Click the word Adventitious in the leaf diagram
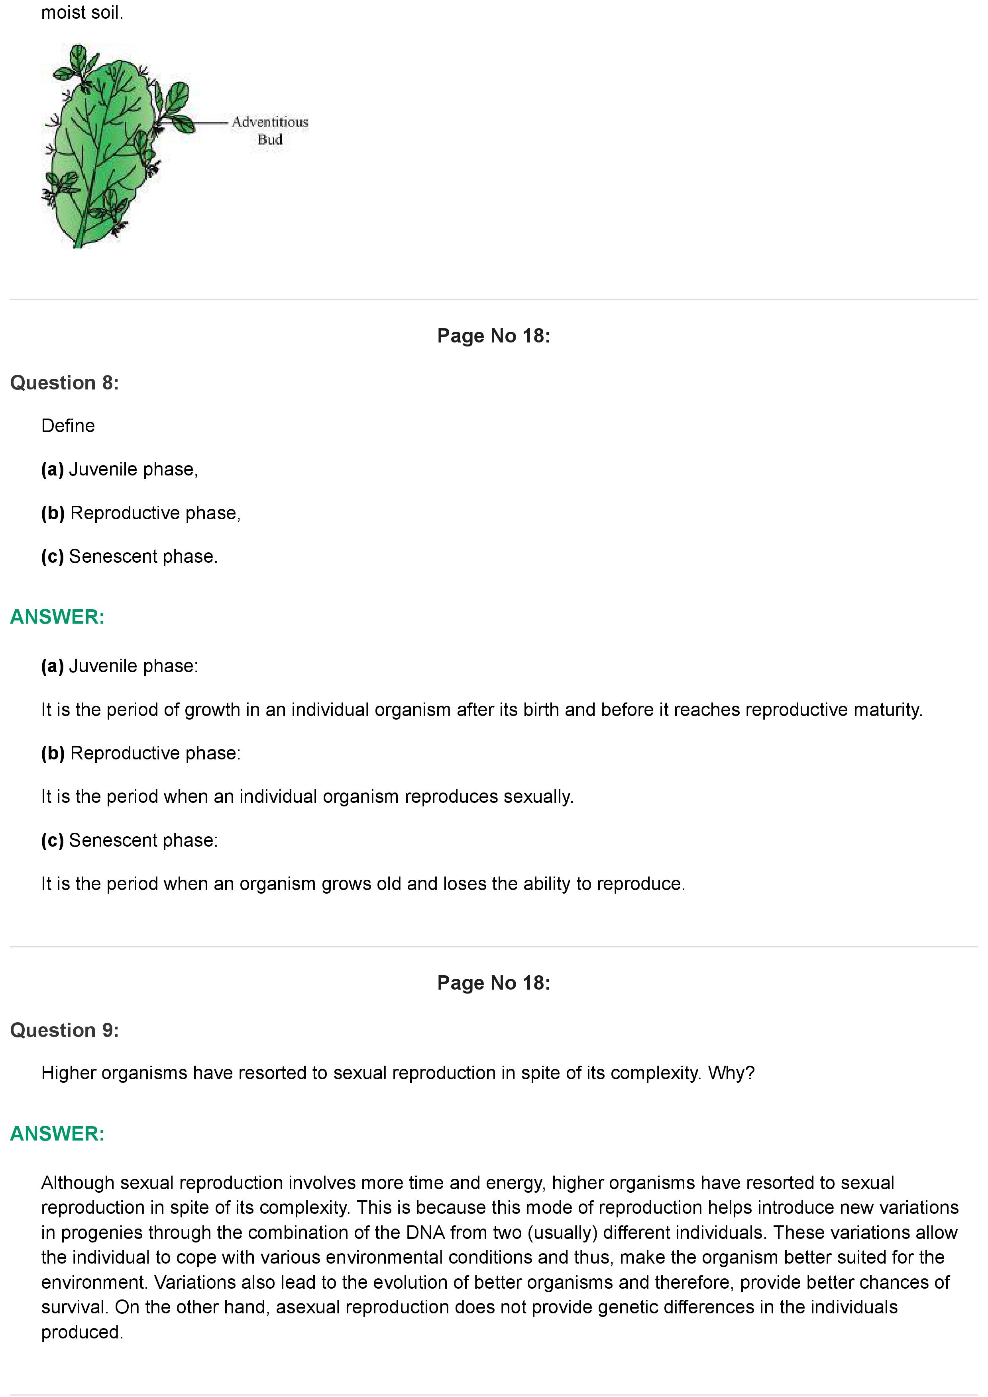pyautogui.click(x=270, y=122)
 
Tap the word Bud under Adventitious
pyautogui.click(x=270, y=139)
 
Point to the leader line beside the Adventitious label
pyautogui.click(x=210, y=122)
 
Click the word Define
pyautogui.click(x=68, y=426)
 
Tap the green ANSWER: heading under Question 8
pyautogui.click(x=57, y=617)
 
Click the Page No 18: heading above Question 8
pyautogui.click(x=494, y=336)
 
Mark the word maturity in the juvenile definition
pyautogui.click(x=888, y=710)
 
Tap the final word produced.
pyautogui.click(x=82, y=1332)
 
